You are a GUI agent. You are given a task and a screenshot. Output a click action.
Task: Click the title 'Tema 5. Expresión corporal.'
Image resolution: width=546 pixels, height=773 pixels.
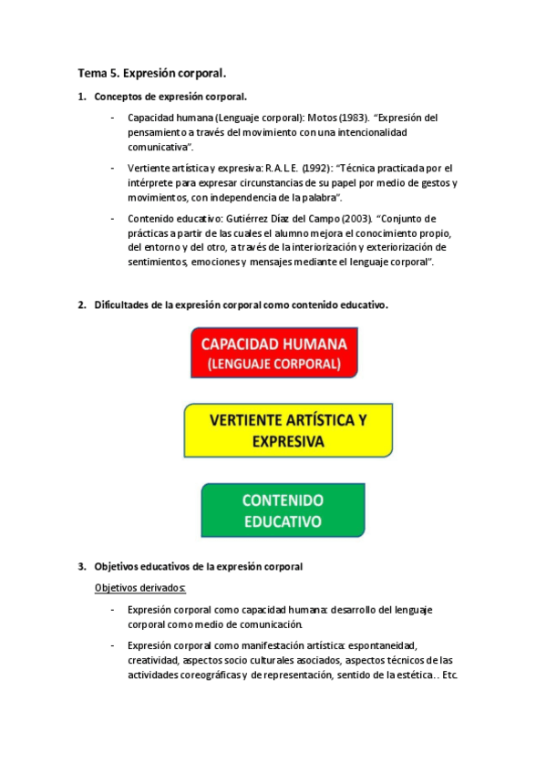151,72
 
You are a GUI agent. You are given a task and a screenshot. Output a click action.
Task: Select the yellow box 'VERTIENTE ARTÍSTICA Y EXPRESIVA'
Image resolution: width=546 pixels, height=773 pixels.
288,431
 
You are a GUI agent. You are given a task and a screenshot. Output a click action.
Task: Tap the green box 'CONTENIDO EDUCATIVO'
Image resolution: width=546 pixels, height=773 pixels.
283,510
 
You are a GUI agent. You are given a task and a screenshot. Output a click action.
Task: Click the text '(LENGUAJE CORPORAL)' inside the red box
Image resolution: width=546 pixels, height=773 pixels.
273,364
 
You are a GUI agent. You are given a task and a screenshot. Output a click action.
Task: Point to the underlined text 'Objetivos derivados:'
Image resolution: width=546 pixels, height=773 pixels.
139,587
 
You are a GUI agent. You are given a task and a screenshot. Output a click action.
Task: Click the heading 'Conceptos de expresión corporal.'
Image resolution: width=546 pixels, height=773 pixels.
170,97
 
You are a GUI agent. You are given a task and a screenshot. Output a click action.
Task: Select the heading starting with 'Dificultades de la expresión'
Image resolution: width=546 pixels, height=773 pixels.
241,305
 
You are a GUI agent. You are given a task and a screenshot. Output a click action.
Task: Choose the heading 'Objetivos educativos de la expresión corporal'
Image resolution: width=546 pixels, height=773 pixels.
198,566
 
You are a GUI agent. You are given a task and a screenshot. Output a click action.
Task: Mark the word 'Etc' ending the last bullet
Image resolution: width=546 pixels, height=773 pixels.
448,675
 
